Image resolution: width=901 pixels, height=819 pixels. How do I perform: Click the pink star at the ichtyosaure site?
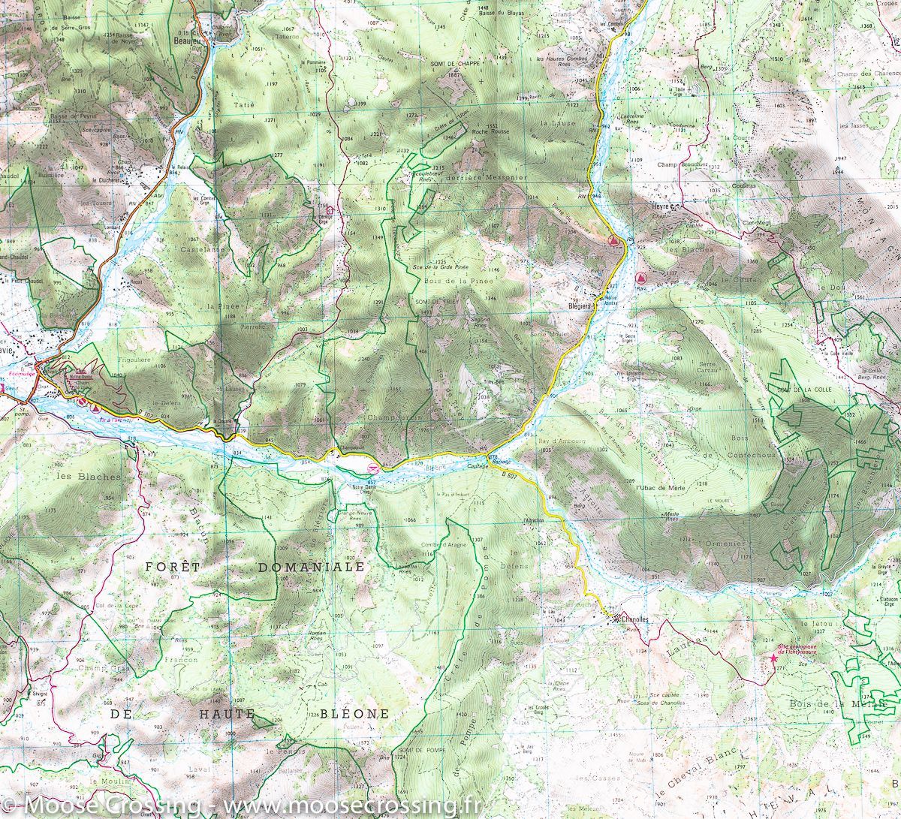click(773, 658)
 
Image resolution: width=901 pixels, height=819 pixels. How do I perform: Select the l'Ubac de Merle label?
click(658, 488)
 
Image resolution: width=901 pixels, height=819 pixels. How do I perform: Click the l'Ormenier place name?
click(721, 543)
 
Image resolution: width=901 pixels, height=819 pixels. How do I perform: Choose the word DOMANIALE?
click(310, 567)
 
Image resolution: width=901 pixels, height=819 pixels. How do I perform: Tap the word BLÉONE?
click(354, 713)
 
